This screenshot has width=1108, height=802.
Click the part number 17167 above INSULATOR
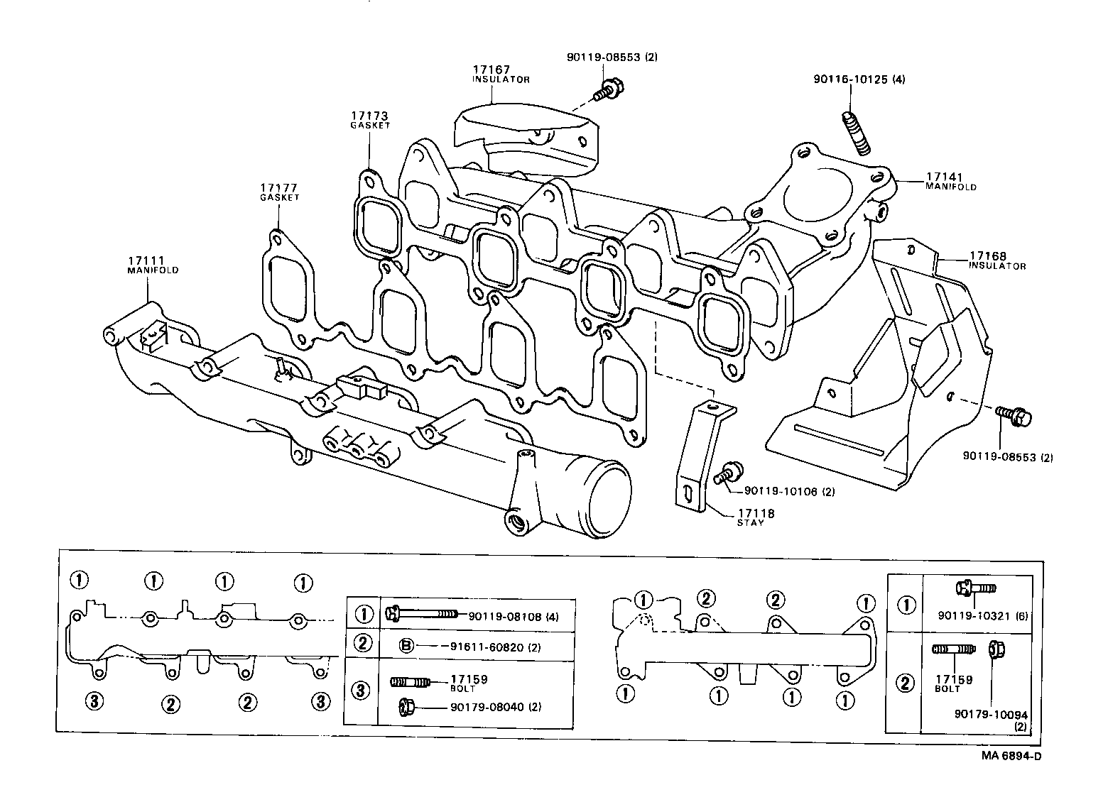(x=491, y=70)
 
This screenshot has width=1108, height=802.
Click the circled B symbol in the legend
(x=406, y=646)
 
